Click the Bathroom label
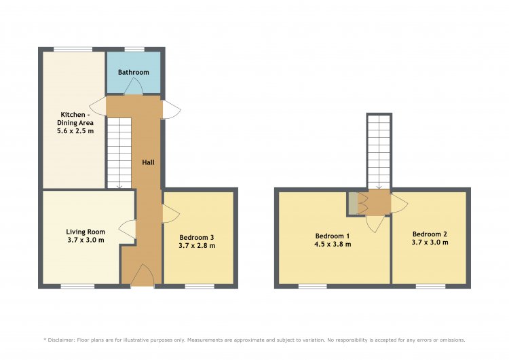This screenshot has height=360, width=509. pyautogui.click(x=134, y=72)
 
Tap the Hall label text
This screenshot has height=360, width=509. pyautogui.click(x=149, y=162)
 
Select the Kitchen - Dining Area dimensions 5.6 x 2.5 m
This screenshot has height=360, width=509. pyautogui.click(x=75, y=131)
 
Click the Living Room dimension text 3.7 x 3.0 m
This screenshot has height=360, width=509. pyautogui.click(x=86, y=240)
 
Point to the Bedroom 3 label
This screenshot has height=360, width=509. pyautogui.click(x=197, y=238)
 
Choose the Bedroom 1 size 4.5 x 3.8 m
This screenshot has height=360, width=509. pyautogui.click(x=333, y=244)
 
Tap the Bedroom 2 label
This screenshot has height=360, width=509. pyautogui.click(x=430, y=234)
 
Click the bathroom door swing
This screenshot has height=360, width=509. pyautogui.click(x=134, y=86)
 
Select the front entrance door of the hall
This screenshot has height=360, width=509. pyautogui.click(x=143, y=276)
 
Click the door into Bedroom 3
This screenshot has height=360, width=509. pyautogui.click(x=171, y=214)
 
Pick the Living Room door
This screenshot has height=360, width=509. pyautogui.click(x=128, y=229)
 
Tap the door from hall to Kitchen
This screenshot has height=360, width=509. pyautogui.click(x=98, y=106)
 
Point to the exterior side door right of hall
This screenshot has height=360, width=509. pyautogui.click(x=172, y=109)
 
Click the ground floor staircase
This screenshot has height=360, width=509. pyautogui.click(x=119, y=153)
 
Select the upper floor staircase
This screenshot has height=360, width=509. pyautogui.click(x=379, y=151)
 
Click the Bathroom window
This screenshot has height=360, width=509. pyautogui.click(x=135, y=49)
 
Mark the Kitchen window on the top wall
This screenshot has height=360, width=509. pyautogui.click(x=73, y=49)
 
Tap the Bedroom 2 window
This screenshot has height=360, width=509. pyautogui.click(x=431, y=286)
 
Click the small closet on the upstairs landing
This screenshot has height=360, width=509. pyautogui.click(x=353, y=203)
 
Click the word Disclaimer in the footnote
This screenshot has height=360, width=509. pyautogui.click(x=61, y=340)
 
